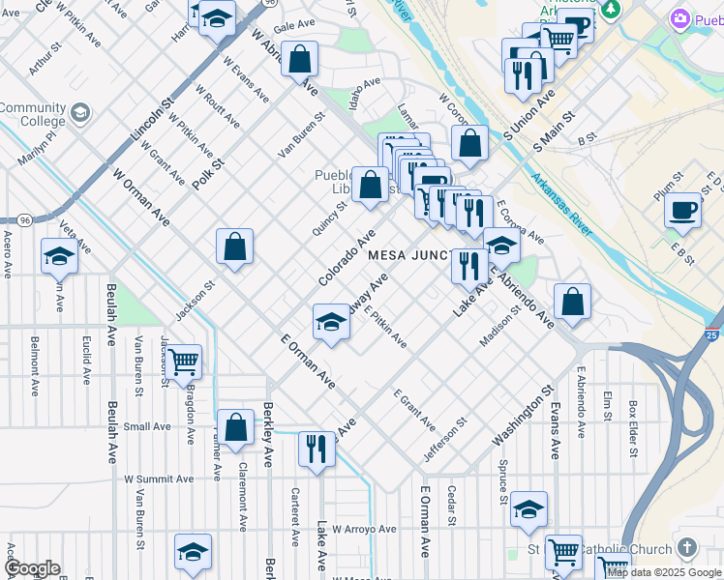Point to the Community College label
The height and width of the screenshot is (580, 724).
(32, 114)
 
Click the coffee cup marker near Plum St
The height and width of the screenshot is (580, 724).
(683, 210)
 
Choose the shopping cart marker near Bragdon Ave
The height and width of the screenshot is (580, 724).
(182, 362)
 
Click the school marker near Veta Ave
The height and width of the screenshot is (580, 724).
(59, 256)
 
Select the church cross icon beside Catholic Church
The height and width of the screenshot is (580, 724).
(686, 548)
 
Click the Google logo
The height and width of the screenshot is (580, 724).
(31, 568)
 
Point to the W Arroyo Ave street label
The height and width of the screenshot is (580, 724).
(364, 529)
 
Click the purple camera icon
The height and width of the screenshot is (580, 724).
(680, 18)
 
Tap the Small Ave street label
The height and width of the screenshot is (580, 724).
(147, 426)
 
